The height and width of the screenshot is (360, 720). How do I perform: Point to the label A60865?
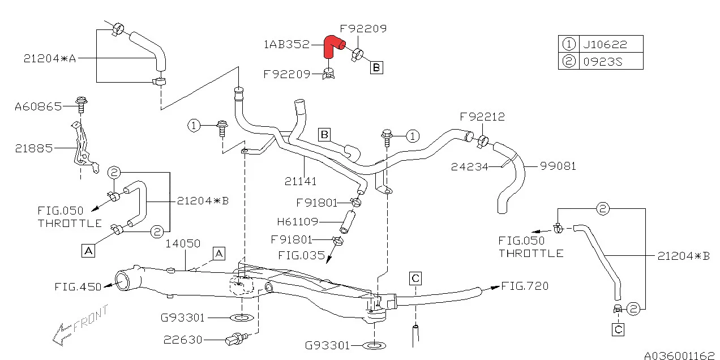38,106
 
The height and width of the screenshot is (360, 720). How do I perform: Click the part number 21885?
33,148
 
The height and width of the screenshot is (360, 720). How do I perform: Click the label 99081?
558,166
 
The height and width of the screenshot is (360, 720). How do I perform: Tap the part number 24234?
470,166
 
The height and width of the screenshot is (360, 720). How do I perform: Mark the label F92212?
482,117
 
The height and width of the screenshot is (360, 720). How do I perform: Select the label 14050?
183,243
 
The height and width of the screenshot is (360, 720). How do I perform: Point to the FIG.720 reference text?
525,286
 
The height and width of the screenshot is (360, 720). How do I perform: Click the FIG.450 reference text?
78,286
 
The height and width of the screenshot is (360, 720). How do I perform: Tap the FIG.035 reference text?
302,255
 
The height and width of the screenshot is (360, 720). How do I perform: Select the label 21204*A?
50,57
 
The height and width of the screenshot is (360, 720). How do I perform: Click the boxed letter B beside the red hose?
376,67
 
